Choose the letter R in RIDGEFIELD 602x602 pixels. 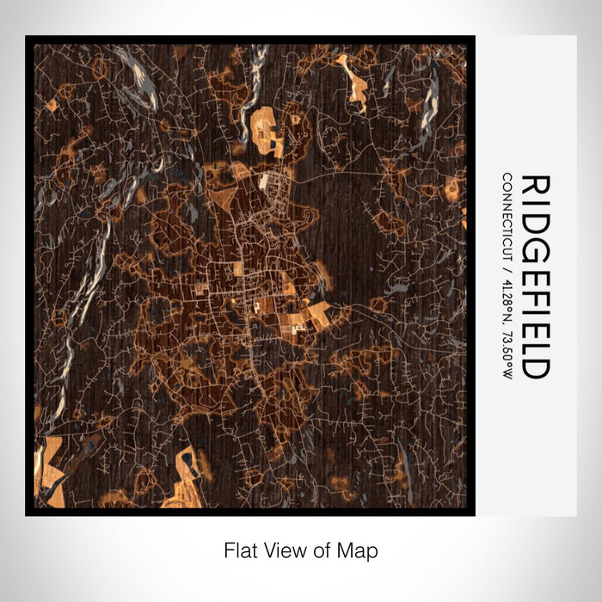click(x=535, y=186)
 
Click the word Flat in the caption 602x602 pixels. click(x=240, y=549)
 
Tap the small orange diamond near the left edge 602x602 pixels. click(x=51, y=106)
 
